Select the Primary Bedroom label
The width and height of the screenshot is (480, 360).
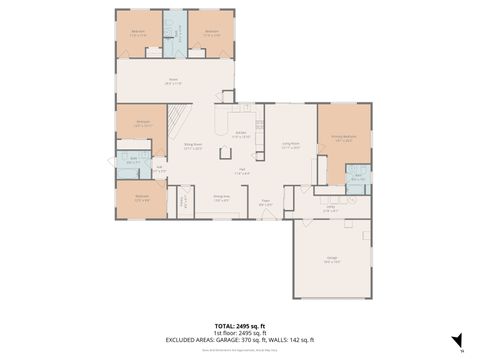344,141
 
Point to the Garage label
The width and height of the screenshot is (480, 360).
331,260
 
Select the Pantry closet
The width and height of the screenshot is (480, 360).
184,202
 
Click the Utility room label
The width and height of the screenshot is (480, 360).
330,208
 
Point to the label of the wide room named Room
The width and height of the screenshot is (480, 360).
173,82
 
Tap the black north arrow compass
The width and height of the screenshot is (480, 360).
456,340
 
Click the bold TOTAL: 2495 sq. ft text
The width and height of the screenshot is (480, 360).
239,326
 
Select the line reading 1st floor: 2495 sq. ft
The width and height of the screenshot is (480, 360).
239,334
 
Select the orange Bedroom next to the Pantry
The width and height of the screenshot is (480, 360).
142,198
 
